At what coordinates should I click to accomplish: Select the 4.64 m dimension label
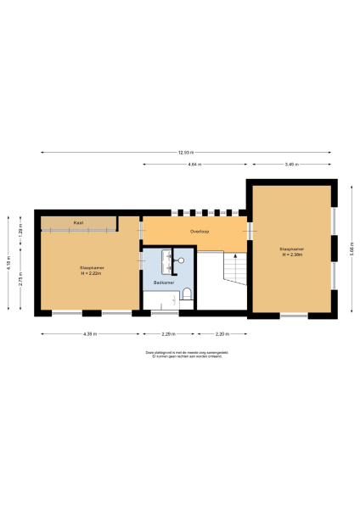pyautogui.click(x=194, y=164)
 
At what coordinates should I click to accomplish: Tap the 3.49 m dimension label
pyautogui.click(x=291, y=164)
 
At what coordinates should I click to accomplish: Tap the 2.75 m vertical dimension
pyautogui.click(x=21, y=281)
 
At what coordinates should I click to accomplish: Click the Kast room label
pyautogui.click(x=78, y=223)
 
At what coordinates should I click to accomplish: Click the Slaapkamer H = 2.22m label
pyautogui.click(x=91, y=271)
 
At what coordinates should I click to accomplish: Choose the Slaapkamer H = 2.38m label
pyautogui.click(x=291, y=251)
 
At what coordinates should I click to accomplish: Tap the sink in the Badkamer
pyautogui.click(x=177, y=259)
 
